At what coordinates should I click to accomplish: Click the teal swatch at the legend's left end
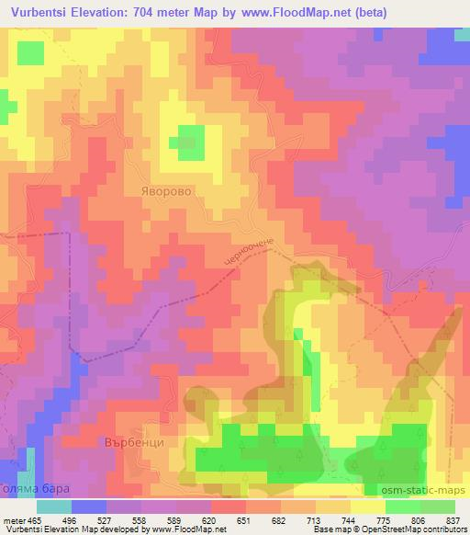pos(54,507)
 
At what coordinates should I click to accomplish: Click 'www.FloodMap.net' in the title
pos(296,13)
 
